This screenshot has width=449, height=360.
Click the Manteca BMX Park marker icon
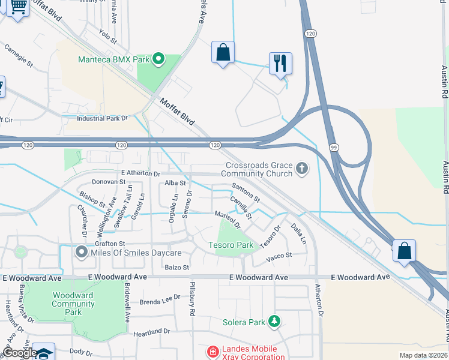159,59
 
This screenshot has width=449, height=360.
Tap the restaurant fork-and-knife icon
280,62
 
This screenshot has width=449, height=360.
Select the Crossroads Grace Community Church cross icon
302,169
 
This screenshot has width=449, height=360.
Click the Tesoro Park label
231,245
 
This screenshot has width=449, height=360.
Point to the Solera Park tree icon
274,322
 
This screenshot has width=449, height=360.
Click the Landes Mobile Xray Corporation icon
211,350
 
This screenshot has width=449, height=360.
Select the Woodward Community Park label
73,304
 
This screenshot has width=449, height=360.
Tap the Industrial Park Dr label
103,118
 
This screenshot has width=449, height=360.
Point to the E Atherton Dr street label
140,173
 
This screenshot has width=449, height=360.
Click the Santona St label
246,193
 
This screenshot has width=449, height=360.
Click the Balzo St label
177,267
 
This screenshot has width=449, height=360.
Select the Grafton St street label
109,244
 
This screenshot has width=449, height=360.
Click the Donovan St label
108,181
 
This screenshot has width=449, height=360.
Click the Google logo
20,353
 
